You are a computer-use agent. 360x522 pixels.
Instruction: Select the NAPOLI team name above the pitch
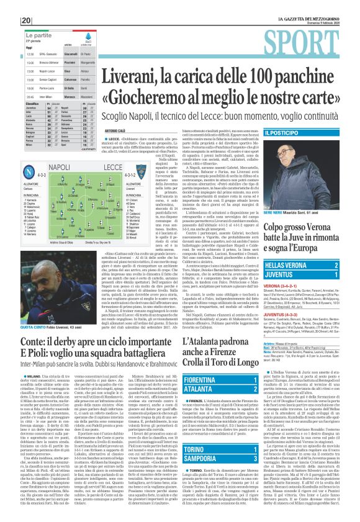point(59,168)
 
